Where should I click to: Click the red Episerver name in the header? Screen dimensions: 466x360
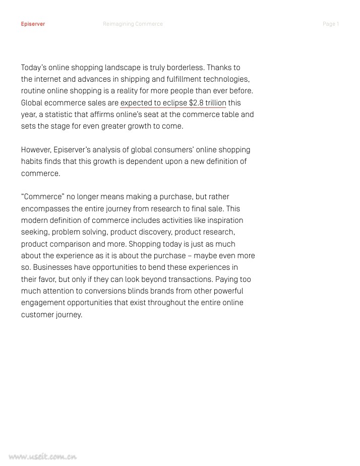33,24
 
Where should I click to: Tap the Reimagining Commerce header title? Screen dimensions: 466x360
133,24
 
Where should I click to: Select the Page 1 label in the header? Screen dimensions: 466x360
331,24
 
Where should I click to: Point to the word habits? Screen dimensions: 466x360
31,161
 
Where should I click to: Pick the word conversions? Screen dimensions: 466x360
95,291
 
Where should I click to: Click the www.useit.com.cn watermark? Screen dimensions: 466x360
42,457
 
